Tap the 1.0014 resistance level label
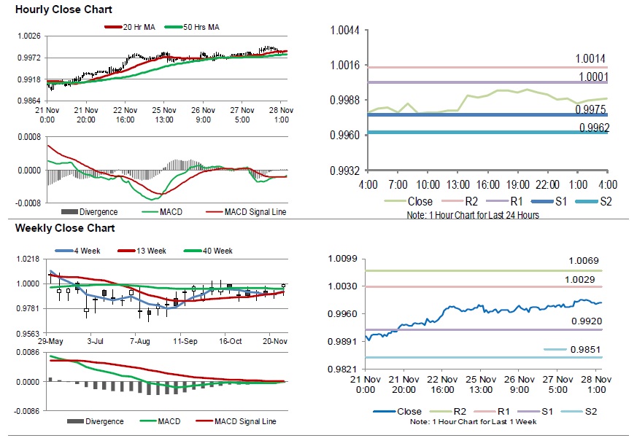pos(590,58)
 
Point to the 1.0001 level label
pos(590,76)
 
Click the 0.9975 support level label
pos(590,110)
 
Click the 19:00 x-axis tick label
pos(517,185)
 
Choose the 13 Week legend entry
pos(149,251)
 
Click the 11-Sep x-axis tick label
pos(185,340)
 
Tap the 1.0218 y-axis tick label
pos(27,259)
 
